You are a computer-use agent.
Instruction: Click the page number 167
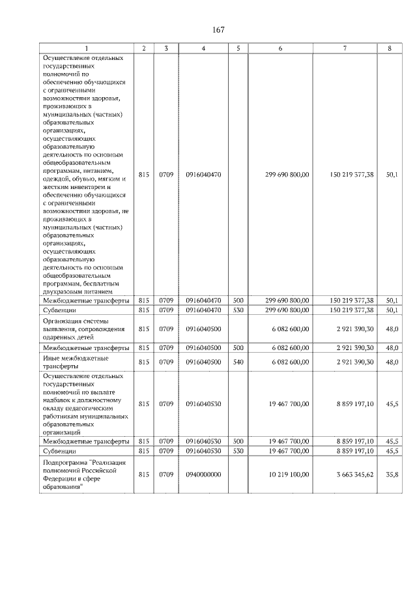tap(218, 30)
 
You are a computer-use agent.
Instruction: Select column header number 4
tap(204, 49)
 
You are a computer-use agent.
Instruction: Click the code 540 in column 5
tap(238, 362)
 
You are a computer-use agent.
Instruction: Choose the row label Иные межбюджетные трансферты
tap(76, 362)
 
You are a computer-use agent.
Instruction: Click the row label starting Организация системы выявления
tap(81, 330)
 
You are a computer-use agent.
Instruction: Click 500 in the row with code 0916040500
tap(238, 348)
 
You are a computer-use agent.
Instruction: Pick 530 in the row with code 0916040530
tap(238, 450)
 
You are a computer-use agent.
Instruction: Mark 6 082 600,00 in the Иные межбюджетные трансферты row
tap(289, 362)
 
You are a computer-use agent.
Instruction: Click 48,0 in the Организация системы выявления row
tap(392, 330)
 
